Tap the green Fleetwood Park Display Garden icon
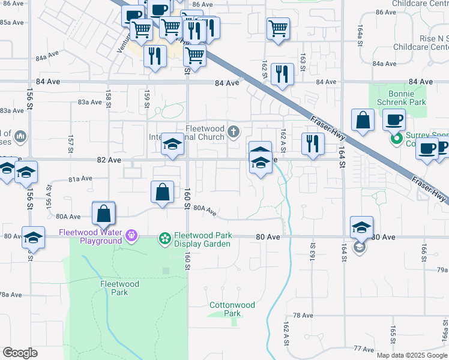164,239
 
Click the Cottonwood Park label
232,309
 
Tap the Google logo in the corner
20,353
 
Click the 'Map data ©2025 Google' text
412,355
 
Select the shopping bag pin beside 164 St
363,121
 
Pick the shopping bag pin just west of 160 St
162,193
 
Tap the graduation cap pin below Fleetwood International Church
172,145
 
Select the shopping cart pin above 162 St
279,28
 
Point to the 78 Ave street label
303,315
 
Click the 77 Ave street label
364,348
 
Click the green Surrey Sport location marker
396,139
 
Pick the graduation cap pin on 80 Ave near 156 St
33,238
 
